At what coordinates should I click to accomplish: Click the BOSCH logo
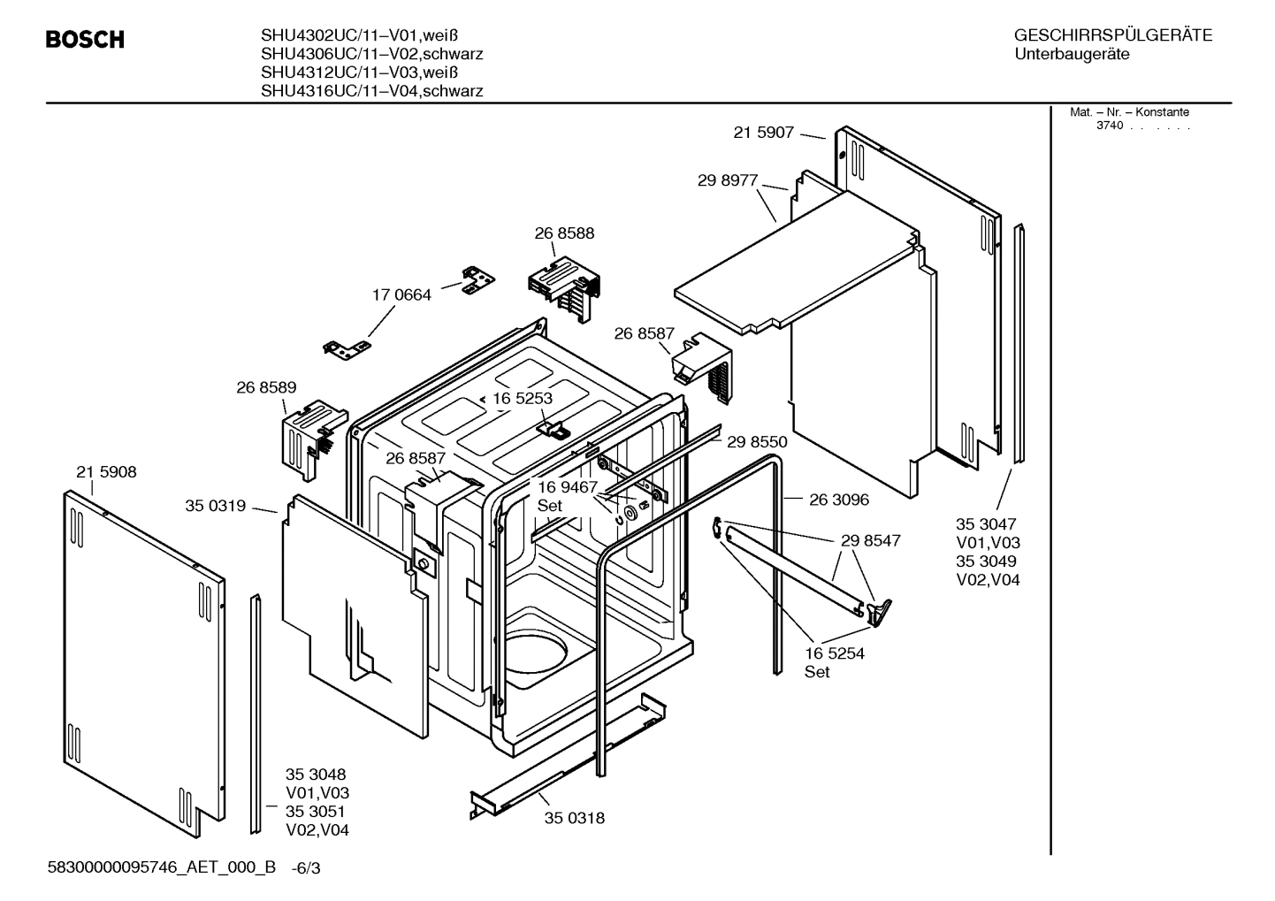coord(85,40)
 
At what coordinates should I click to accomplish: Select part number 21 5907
coord(764,133)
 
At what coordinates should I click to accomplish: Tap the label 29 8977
coord(728,180)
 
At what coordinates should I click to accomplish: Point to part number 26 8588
coord(564,233)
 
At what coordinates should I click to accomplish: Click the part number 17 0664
coord(401,294)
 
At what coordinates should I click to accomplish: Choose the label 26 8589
coord(266,387)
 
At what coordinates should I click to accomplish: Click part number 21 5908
coord(106,472)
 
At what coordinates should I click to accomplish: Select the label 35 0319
coord(215,506)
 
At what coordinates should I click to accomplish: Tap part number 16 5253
coord(523,398)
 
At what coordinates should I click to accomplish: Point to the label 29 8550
coord(757,441)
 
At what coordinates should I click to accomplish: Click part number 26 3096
coord(839,500)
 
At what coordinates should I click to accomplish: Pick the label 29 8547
coord(871,540)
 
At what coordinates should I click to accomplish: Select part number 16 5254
coord(835,653)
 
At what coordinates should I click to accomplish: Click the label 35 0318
coord(575,818)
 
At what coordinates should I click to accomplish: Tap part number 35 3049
coord(986,561)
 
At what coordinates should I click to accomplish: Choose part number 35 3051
coord(316,812)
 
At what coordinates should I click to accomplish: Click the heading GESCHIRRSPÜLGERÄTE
coord(1112,35)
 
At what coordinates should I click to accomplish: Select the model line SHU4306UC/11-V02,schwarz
coord(371,54)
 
